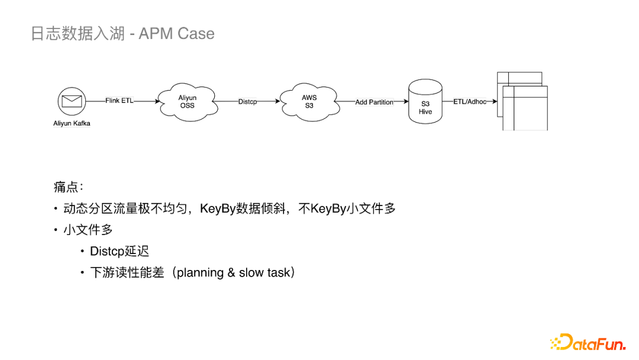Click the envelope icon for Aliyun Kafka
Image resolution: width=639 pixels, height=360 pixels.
[x=72, y=101]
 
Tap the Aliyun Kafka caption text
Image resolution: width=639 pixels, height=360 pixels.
[x=72, y=124]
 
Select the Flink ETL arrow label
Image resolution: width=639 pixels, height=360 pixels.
[x=120, y=101]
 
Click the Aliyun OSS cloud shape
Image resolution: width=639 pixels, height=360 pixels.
[x=188, y=102]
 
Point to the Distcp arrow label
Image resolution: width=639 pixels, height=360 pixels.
[x=247, y=102]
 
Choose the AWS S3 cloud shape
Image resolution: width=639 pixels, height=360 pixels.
[x=309, y=102]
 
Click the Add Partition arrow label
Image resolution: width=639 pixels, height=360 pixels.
[x=374, y=102]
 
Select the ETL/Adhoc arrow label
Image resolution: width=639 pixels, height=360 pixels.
[x=470, y=102]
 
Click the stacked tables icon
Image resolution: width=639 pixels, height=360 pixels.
[x=522, y=101]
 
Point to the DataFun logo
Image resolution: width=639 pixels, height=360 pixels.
[x=588, y=342]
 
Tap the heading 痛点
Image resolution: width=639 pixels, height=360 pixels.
[x=66, y=187]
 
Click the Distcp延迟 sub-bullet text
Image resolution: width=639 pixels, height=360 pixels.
[x=120, y=251]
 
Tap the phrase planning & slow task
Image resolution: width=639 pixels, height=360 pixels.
[x=234, y=273]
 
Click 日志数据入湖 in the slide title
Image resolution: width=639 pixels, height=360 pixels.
[x=78, y=34]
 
